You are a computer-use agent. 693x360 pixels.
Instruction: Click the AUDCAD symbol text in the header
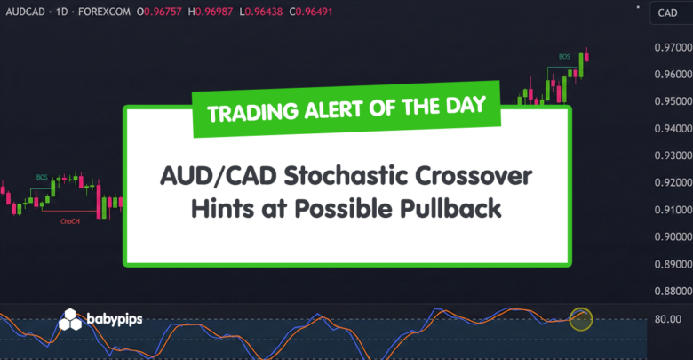tap(25, 12)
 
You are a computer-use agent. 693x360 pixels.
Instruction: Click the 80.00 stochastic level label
tap(666, 319)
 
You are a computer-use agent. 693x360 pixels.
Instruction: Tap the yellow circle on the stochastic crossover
tap(580, 317)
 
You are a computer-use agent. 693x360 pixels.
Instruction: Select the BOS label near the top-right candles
tap(563, 56)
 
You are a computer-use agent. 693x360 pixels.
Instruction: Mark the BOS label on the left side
tap(41, 177)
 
